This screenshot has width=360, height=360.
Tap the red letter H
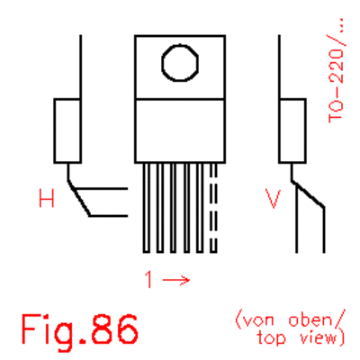pyautogui.click(x=47, y=198)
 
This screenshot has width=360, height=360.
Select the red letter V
pyautogui.click(x=273, y=198)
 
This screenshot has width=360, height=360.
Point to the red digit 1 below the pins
pyautogui.click(x=148, y=279)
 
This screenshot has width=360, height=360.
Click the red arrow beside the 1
pyautogui.click(x=176, y=281)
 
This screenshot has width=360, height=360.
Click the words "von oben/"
pyautogui.click(x=291, y=320)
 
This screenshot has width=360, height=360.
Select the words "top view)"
pyautogui.click(x=301, y=338)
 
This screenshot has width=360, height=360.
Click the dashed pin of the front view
pyautogui.click(x=213, y=208)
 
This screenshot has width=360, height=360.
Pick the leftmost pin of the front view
pyautogui.click(x=147, y=208)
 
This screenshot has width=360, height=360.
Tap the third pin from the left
pyautogui.click(x=173, y=208)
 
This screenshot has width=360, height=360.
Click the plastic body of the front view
pyautogui.click(x=180, y=130)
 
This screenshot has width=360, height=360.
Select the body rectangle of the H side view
pyautogui.click(x=67, y=130)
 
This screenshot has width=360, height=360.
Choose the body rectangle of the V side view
pyautogui.click(x=292, y=130)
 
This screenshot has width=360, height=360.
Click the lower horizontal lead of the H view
pyautogui.click(x=109, y=216)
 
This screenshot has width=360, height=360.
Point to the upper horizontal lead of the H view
pyautogui.click(x=102, y=189)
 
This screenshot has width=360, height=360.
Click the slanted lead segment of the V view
pyautogui.click(x=308, y=194)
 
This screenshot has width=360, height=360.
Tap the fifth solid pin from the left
pyautogui.click(x=200, y=208)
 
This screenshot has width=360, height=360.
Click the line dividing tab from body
pyautogui.click(x=180, y=99)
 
